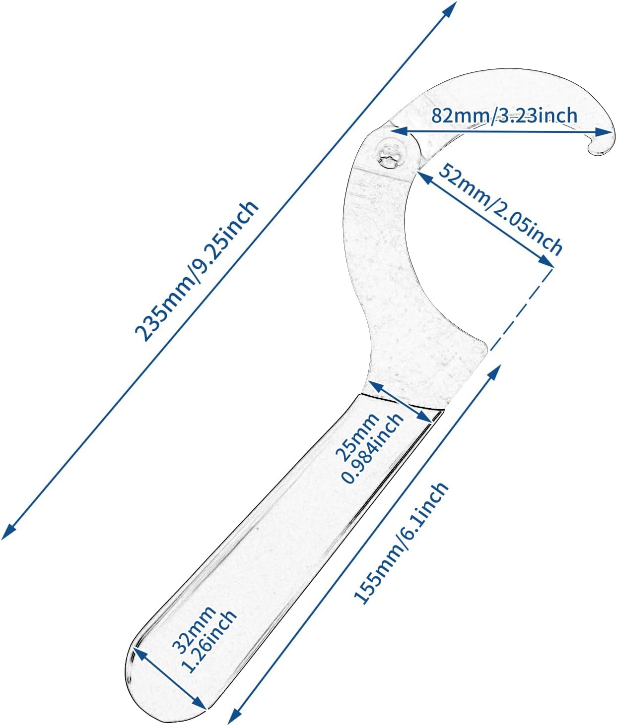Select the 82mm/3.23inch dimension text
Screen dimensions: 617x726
[x=504, y=116]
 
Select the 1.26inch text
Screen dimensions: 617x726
[x=208, y=642]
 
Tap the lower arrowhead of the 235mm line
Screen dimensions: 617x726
[x=8, y=532]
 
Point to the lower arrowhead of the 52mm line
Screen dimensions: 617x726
[x=546, y=261]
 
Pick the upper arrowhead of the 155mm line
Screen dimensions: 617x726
[x=494, y=372]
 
